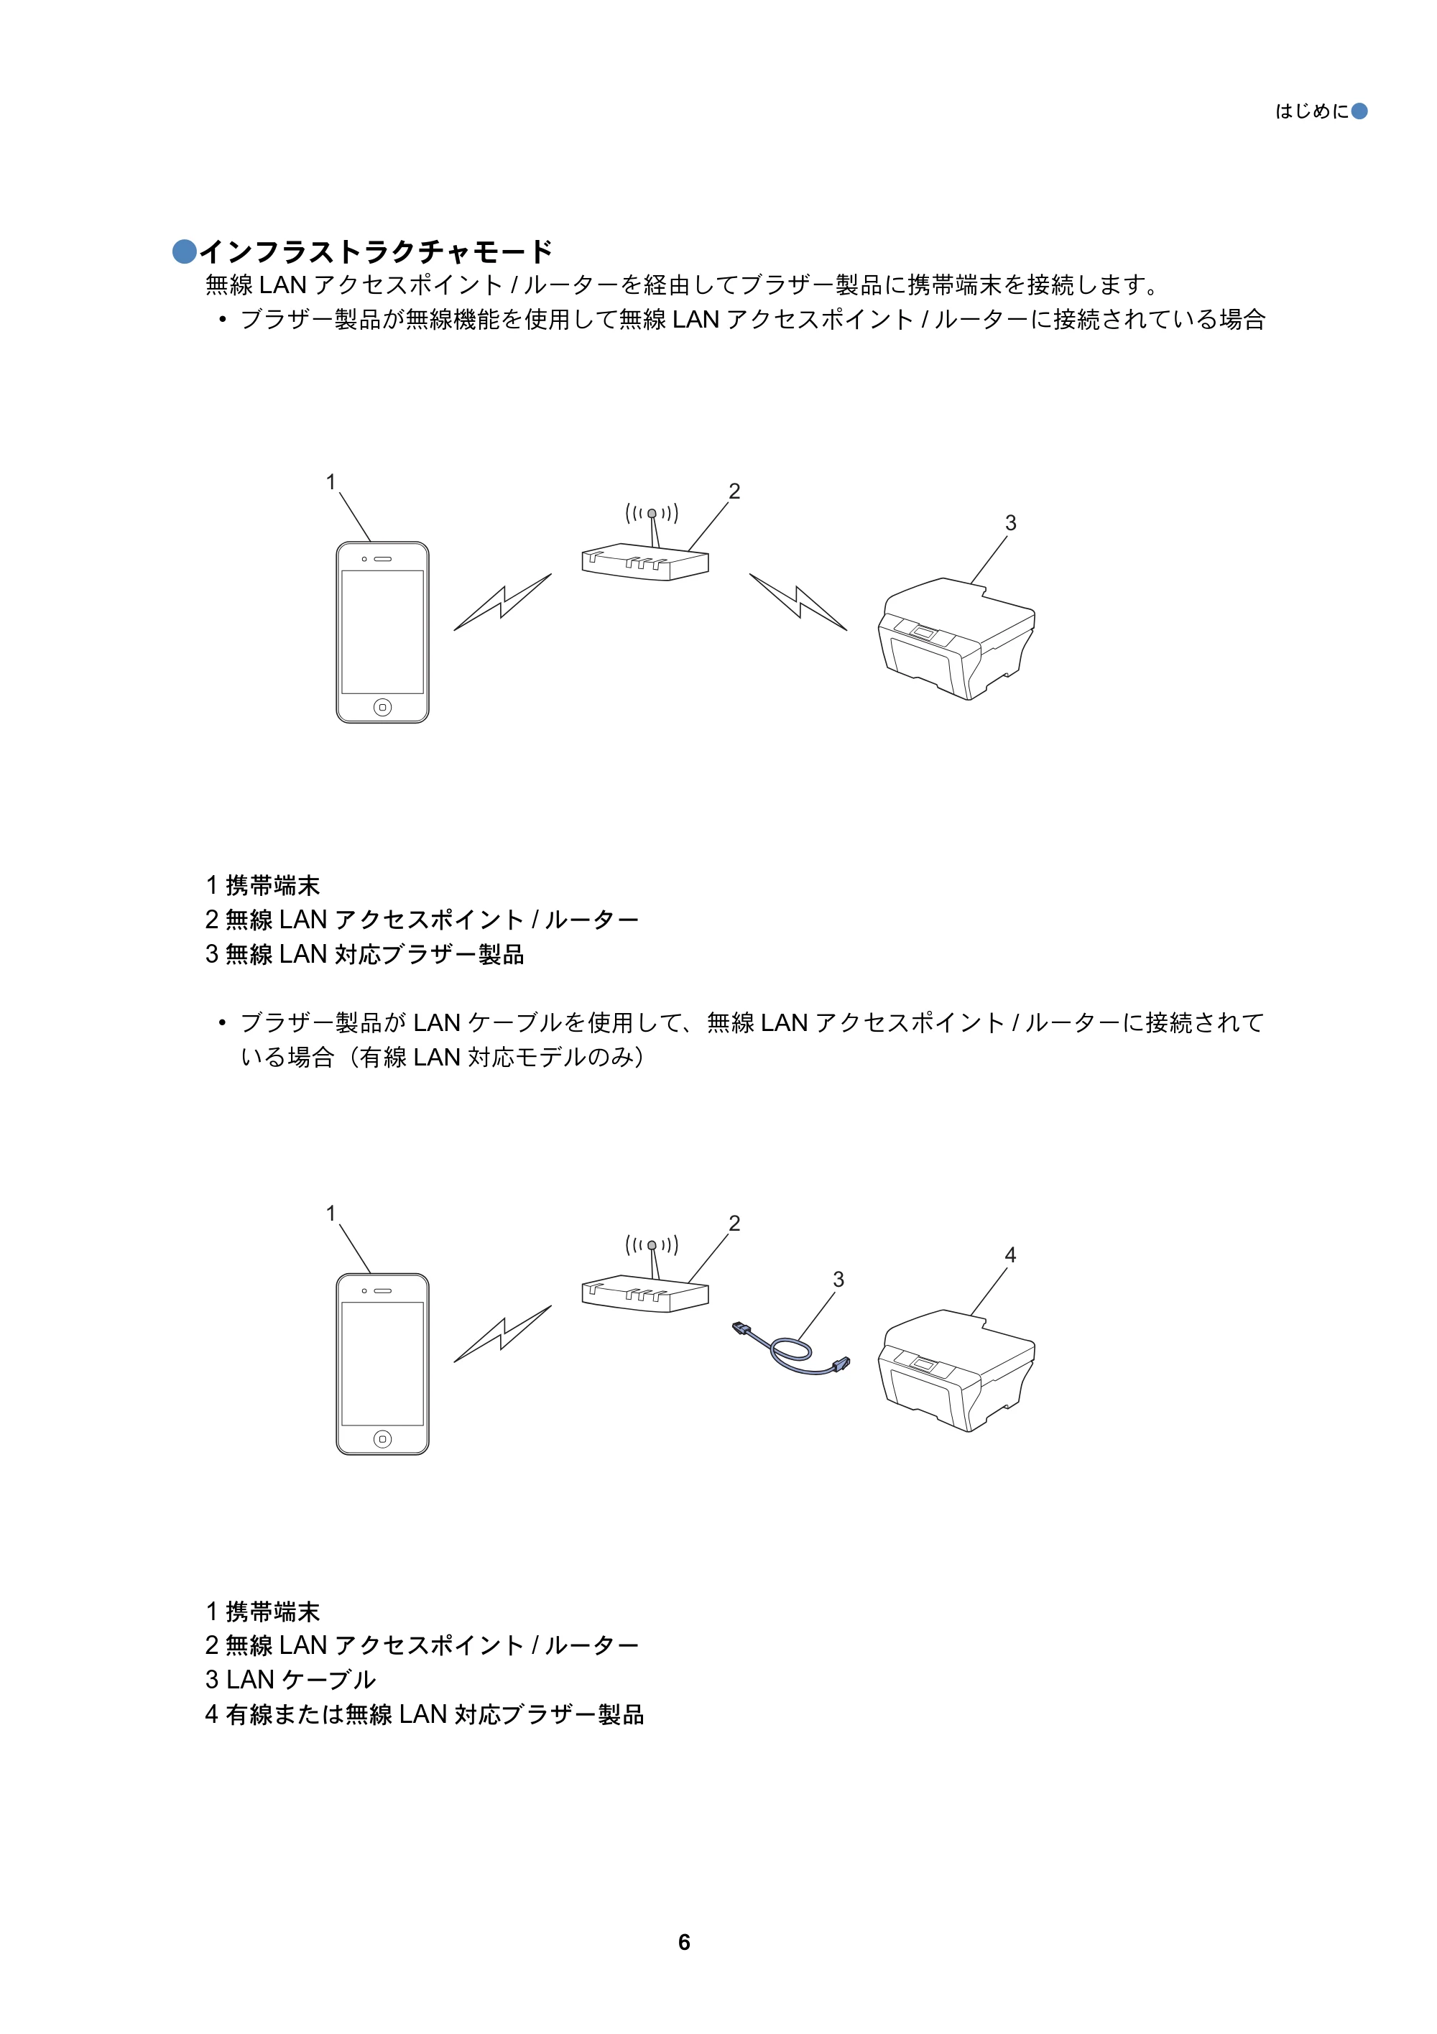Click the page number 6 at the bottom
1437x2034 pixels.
pos(684,1942)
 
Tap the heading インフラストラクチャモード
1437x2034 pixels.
pos(376,251)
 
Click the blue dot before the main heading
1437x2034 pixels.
pos(184,251)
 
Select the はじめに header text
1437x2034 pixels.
pos(1311,111)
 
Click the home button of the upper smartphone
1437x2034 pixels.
pos(383,706)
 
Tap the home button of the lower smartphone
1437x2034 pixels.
pos(383,1438)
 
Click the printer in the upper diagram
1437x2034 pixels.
pos(957,638)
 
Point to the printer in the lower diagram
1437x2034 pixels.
pos(957,1369)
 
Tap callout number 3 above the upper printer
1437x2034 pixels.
pos(1010,522)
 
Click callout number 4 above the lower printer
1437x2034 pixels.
pos(1010,1254)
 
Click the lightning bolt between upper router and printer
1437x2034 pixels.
pos(798,601)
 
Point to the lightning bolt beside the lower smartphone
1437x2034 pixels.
pos(502,1333)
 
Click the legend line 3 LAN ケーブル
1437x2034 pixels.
pos(290,1680)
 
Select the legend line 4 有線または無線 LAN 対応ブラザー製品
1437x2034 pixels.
pos(425,1714)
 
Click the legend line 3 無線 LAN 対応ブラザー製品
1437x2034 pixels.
pos(364,954)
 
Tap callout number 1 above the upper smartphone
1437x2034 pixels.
pos(331,482)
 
